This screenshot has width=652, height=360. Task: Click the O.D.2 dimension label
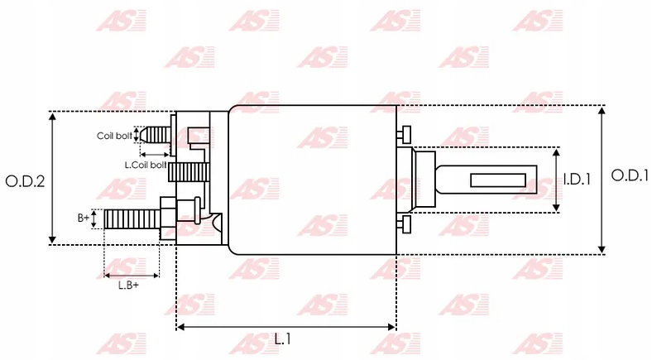25,181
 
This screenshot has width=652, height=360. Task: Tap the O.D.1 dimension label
630,175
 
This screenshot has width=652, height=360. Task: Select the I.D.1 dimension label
578,180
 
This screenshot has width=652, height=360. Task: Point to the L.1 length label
283,339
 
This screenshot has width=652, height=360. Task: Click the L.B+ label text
128,286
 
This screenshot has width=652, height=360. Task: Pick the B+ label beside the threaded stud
84,218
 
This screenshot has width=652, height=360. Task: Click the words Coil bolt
114,136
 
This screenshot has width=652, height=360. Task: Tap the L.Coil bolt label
146,165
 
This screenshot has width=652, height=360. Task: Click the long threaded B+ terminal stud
132,219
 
